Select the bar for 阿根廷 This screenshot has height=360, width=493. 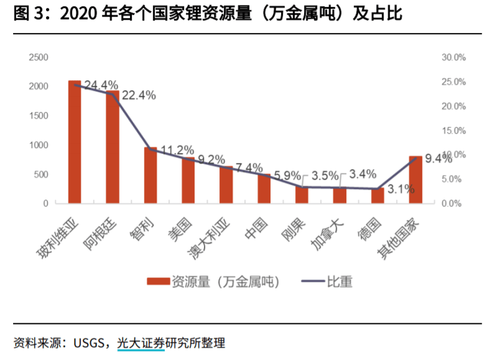click(x=113, y=147)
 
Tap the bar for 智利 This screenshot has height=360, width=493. click(x=150, y=175)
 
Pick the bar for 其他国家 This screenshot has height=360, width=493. click(x=415, y=180)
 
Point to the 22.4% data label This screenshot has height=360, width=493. click(x=139, y=95)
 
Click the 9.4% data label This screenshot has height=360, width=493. click(x=438, y=159)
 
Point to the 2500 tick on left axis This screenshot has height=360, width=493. click(x=39, y=57)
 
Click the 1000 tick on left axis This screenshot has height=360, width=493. click(x=39, y=145)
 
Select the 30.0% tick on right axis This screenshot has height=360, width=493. click(x=453, y=57)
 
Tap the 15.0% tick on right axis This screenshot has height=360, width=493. click(x=453, y=131)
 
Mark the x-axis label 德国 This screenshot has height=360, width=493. click(x=369, y=228)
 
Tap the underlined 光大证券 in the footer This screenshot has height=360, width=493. click(x=141, y=343)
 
